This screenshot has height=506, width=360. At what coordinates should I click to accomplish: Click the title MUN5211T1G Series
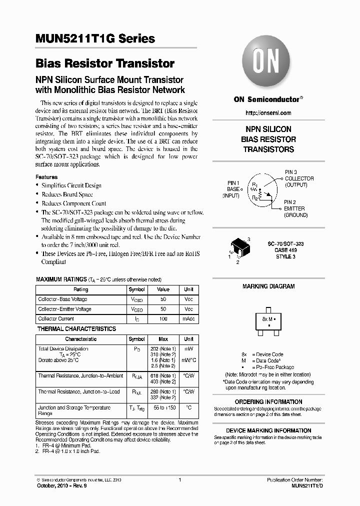click(95, 39)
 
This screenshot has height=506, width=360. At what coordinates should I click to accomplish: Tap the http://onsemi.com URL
click(268, 113)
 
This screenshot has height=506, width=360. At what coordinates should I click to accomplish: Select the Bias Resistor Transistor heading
click(105, 64)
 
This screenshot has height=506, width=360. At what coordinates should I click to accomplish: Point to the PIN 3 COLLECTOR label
click(299, 178)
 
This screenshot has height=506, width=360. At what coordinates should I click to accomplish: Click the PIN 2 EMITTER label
click(295, 208)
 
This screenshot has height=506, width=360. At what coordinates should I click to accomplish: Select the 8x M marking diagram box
click(269, 320)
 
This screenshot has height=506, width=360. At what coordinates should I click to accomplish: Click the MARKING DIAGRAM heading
click(268, 286)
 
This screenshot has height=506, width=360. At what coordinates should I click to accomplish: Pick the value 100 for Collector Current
click(163, 318)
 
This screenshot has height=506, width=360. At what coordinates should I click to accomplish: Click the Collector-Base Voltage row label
click(62, 299)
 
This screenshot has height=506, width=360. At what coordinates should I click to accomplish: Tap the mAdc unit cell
click(188, 318)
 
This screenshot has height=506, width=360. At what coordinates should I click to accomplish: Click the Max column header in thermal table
click(163, 339)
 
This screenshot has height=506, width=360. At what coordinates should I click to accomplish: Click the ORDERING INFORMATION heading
click(268, 402)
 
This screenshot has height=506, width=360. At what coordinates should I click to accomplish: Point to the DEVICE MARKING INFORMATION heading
click(268, 430)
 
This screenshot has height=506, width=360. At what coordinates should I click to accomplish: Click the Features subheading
click(46, 177)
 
